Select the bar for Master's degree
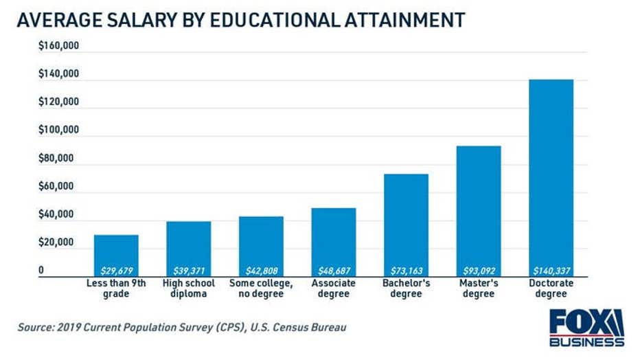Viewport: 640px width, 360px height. (x=479, y=206)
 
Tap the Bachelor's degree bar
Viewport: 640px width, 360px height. (x=406, y=220)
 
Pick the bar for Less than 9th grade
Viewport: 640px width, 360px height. (x=116, y=251)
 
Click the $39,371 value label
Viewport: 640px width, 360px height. (x=188, y=271)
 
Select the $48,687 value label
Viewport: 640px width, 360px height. (x=334, y=271)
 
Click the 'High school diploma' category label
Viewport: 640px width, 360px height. (x=188, y=289)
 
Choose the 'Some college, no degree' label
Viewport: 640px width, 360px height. (x=261, y=289)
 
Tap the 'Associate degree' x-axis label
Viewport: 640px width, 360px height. (x=334, y=289)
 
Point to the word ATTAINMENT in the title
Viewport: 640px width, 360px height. (x=407, y=20)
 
